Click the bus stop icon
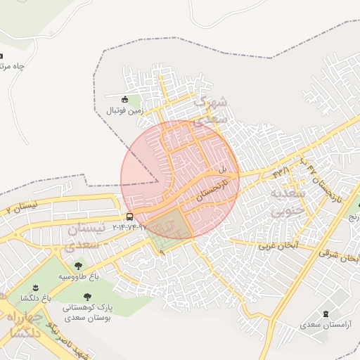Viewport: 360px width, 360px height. (129, 217)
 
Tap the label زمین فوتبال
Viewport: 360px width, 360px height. (124, 110)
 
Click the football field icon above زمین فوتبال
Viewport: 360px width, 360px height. (125, 99)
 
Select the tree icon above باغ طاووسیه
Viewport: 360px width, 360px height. (78, 265)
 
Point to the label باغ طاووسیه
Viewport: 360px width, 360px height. (79, 276)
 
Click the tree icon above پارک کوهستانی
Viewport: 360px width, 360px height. (87, 297)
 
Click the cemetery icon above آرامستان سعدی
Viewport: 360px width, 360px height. (325, 314)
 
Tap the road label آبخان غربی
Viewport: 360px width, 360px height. (278, 246)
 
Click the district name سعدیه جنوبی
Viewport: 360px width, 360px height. (289, 200)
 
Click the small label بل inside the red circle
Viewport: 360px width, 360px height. (222, 169)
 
